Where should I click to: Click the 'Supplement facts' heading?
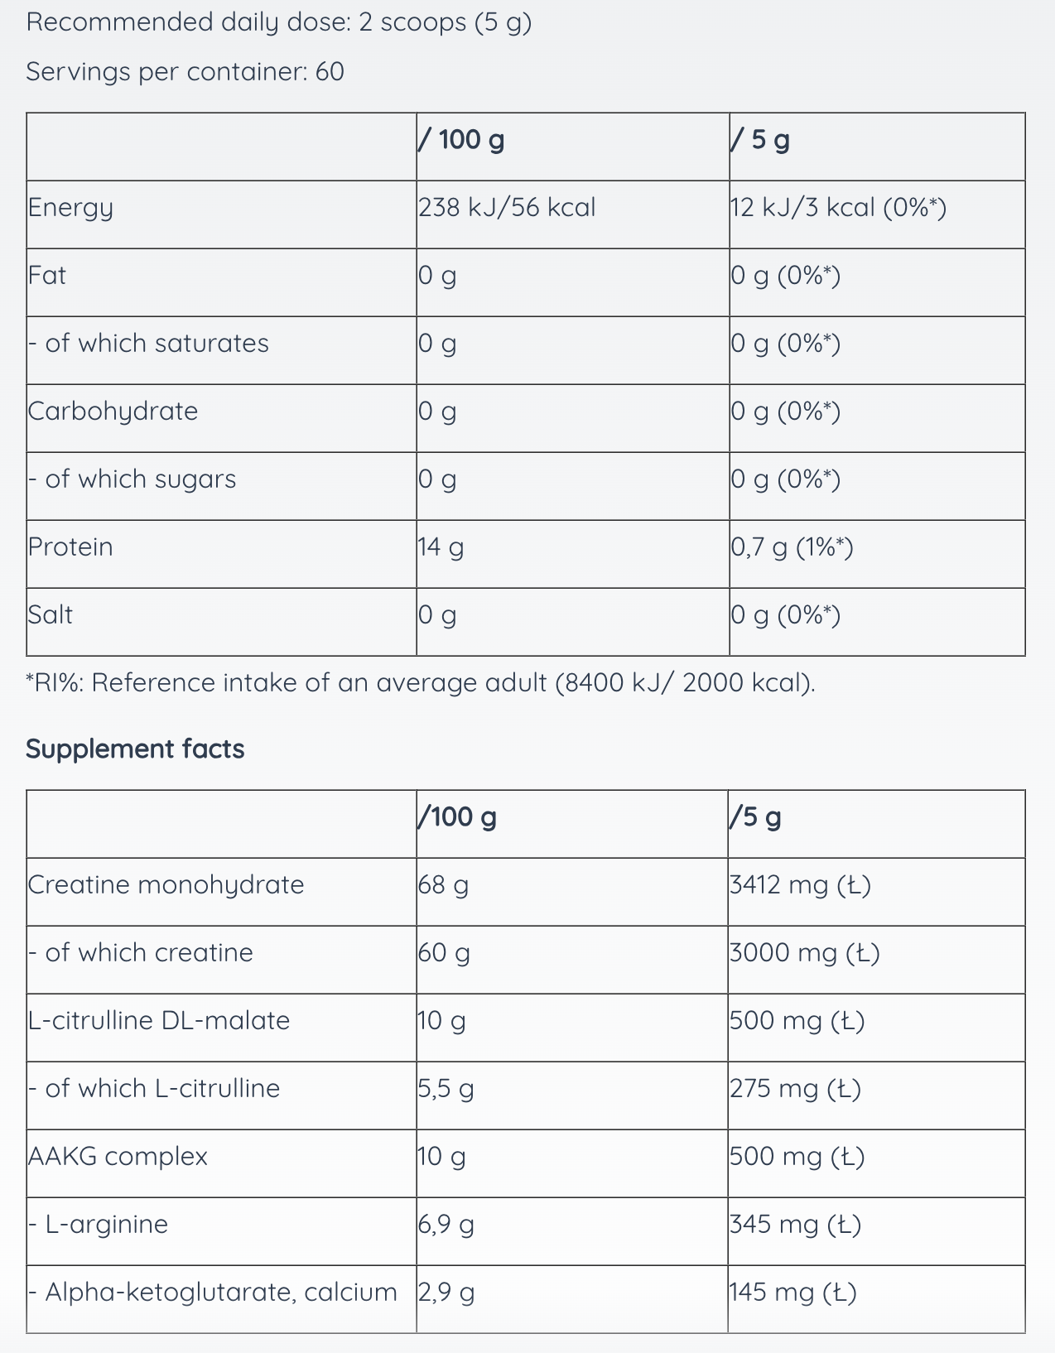[135, 749]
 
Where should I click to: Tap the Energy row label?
[70, 208]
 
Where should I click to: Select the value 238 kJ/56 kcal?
[507, 207]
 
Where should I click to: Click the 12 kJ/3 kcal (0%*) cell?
[838, 207]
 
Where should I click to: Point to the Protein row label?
[70, 546]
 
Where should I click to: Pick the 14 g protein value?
[441, 547]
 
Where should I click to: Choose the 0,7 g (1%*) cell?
[792, 547]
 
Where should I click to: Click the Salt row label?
[51, 614]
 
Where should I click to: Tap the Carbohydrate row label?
[113, 412]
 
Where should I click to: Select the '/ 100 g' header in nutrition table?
[461, 140]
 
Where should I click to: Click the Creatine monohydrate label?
[166, 885]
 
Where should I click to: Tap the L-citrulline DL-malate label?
[159, 1020]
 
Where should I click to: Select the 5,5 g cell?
[446, 1089]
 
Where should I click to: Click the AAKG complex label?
[118, 1156]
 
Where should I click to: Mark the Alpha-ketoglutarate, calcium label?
[212, 1293]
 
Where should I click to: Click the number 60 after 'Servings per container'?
[330, 71]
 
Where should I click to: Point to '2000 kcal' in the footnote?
[749, 683]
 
